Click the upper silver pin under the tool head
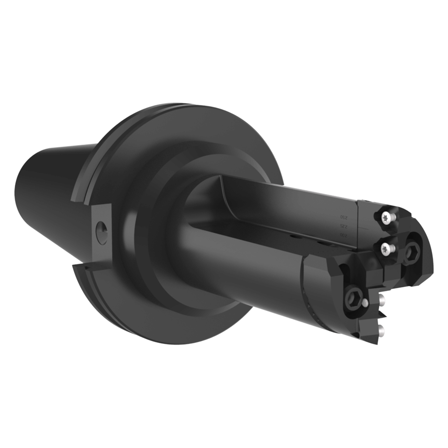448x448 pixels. tap(383, 299)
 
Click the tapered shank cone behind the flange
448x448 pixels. tap(52, 175)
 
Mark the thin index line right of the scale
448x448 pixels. tap(364, 227)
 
